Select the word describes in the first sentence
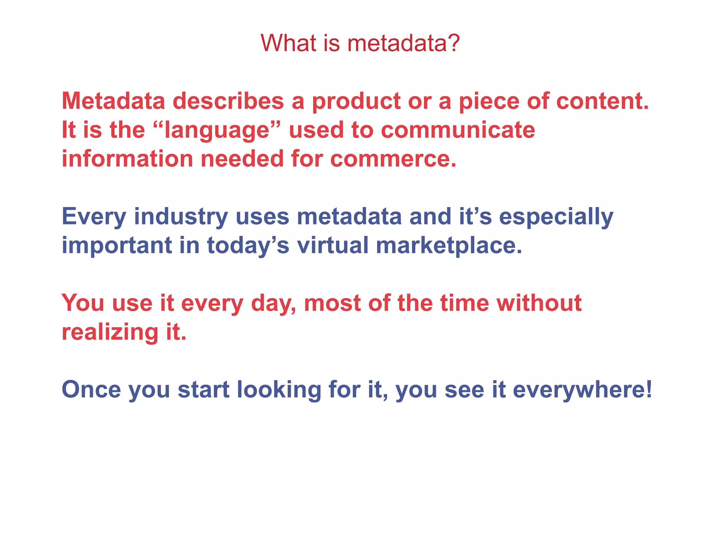228,101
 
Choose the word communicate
458,130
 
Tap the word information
127,159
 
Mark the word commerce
393,159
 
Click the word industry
181,217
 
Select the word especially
556,217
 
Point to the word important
117,246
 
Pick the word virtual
332,245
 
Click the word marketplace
449,246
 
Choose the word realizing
110,333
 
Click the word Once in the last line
91,390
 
